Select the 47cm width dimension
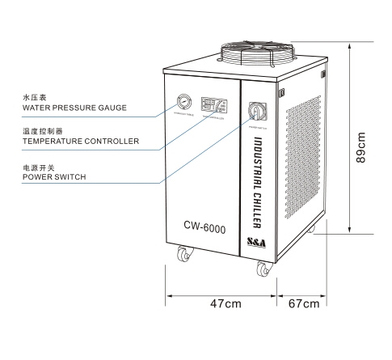click(221, 303)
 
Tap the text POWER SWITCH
click(54, 176)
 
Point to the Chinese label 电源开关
click(38, 166)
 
